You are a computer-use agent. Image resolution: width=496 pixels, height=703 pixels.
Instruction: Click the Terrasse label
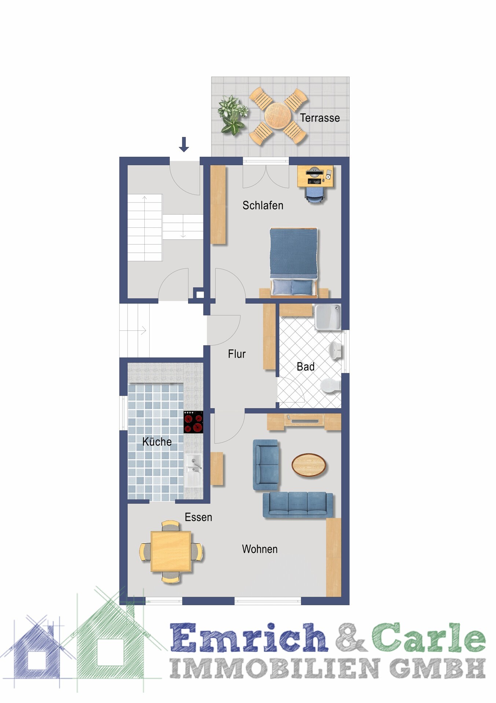[320, 118]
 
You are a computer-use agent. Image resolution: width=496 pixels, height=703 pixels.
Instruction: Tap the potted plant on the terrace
[232, 114]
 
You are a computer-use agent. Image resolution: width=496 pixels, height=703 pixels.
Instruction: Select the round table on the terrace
[278, 116]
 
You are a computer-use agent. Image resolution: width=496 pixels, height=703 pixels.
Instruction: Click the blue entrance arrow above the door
[184, 144]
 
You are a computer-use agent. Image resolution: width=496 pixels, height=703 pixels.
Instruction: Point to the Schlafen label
[263, 206]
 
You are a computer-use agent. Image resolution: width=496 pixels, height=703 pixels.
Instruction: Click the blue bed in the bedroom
[293, 262]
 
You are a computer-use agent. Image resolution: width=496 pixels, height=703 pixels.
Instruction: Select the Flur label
[237, 354]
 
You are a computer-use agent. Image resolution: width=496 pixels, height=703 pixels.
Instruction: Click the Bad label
[306, 367]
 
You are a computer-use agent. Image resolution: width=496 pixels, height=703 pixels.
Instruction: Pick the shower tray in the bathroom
[328, 317]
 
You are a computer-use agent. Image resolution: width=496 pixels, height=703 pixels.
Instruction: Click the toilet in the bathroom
[331, 386]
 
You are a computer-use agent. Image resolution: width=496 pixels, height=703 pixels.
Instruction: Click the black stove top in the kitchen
[193, 422]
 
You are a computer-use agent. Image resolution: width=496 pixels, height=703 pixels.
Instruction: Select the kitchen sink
[193, 470]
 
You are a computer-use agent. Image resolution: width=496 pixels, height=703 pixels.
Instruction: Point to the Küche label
[157, 441]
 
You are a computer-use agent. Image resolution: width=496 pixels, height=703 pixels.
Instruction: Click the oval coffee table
[309, 465]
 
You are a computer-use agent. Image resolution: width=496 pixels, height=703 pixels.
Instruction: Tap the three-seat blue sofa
[298, 504]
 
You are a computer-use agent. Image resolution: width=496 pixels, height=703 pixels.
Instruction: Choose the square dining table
[171, 551]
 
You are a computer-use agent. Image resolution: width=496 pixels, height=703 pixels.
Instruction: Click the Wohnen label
[260, 549]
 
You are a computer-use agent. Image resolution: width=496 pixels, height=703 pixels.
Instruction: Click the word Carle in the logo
[429, 638]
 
